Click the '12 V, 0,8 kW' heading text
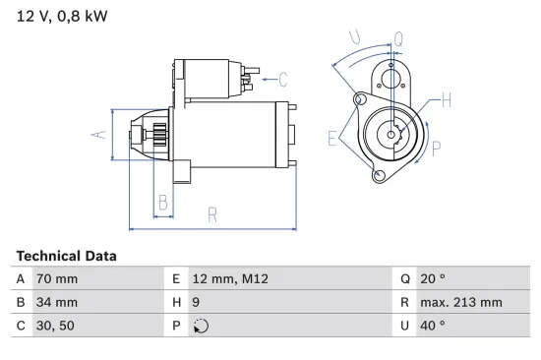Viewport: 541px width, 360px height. click(x=62, y=16)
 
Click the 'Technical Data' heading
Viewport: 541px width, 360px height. click(x=66, y=256)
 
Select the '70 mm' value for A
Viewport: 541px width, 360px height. click(x=56, y=279)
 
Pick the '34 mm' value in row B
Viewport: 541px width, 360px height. click(x=56, y=303)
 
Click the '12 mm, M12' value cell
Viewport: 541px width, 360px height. click(x=230, y=279)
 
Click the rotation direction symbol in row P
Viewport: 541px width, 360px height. click(x=201, y=326)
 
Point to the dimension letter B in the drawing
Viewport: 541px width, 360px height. click(x=164, y=204)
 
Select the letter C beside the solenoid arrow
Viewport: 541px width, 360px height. click(x=282, y=80)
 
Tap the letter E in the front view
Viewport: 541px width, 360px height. click(x=333, y=138)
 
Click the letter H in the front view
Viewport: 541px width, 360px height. click(x=446, y=99)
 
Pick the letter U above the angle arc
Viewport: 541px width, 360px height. click(x=356, y=38)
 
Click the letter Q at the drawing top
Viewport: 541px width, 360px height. click(x=397, y=39)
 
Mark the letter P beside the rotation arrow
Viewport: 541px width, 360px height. click(x=437, y=149)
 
